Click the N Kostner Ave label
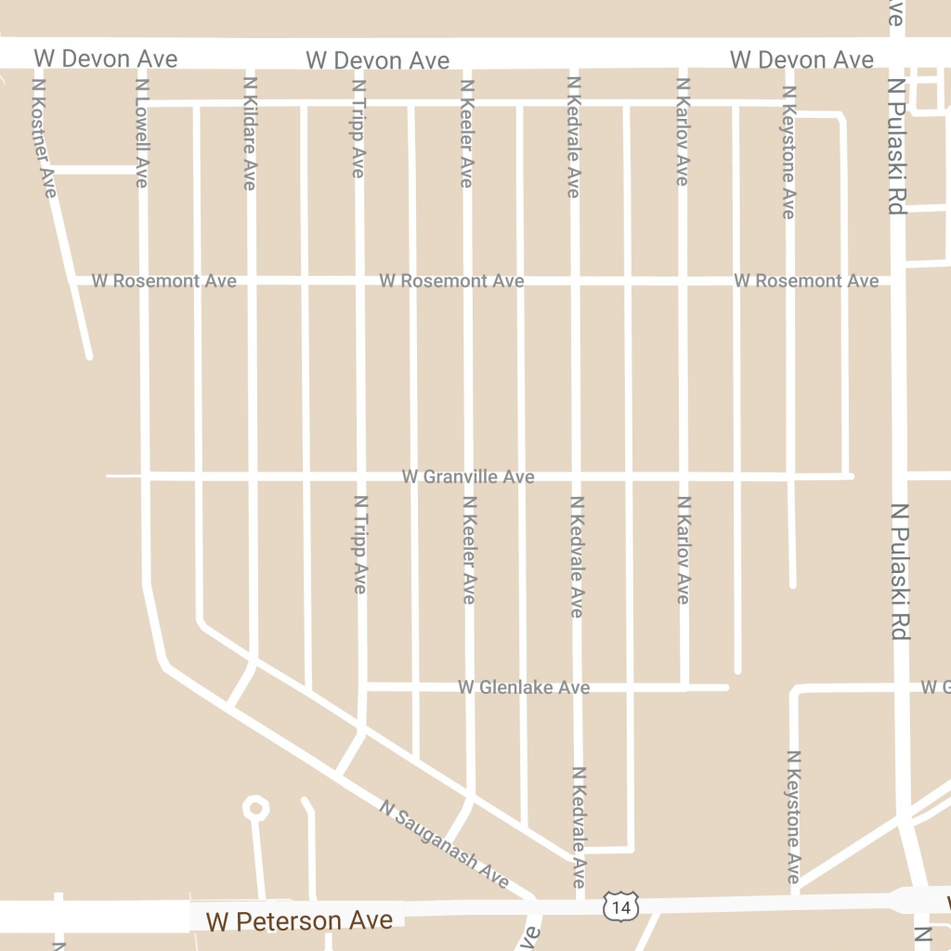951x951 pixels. click(44, 137)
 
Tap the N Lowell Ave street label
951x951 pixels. click(142, 132)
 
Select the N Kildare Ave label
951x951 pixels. click(249, 133)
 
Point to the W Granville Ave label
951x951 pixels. click(468, 476)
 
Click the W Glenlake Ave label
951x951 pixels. click(524, 687)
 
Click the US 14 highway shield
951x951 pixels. click(620, 906)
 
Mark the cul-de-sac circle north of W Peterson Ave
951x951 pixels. click(255, 808)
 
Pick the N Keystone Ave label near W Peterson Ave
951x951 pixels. click(793, 817)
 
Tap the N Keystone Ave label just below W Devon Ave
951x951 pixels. click(789, 152)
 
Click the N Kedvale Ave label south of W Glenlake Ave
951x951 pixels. click(578, 827)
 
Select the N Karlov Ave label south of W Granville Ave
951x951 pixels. click(684, 550)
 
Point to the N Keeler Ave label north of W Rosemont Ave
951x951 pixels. click(467, 133)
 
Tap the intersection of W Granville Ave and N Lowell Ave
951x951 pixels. click(144, 476)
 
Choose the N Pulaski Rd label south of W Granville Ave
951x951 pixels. click(899, 571)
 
